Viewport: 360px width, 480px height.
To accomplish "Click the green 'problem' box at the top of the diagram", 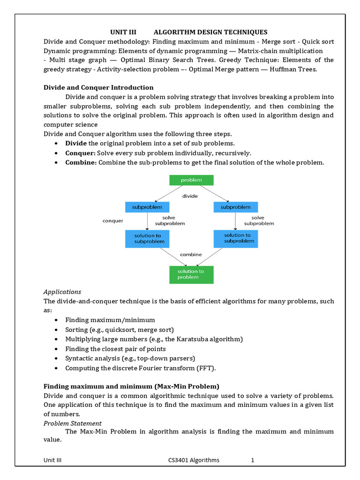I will pyautogui.click(x=191, y=180).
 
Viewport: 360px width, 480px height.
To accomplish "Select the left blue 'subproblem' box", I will pyautogui.click(x=147, y=207).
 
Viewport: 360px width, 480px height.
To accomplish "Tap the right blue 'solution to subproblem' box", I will pyautogui.click(x=235, y=238).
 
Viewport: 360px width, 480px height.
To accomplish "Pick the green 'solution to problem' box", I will pyautogui.click(x=191, y=274).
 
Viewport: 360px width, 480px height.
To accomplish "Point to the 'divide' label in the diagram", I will pyautogui.click(x=190, y=196).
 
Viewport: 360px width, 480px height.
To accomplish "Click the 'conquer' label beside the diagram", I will pyautogui.click(x=113, y=221).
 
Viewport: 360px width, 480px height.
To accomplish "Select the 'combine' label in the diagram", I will pyautogui.click(x=191, y=255).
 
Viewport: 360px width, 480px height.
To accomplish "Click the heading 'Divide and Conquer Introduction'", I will pyautogui.click(x=98, y=88).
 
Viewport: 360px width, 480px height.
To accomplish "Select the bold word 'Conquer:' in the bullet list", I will pyautogui.click(x=80, y=153).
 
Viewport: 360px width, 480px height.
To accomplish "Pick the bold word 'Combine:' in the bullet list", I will pyautogui.click(x=81, y=162).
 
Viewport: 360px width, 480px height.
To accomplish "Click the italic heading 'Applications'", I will pyautogui.click(x=62, y=292).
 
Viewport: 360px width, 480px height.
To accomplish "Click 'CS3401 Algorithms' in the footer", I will pyautogui.click(x=194, y=460).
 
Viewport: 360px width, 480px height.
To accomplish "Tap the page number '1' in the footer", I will pyautogui.click(x=252, y=460).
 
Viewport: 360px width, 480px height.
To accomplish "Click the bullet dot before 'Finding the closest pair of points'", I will pyautogui.click(x=56, y=349).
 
